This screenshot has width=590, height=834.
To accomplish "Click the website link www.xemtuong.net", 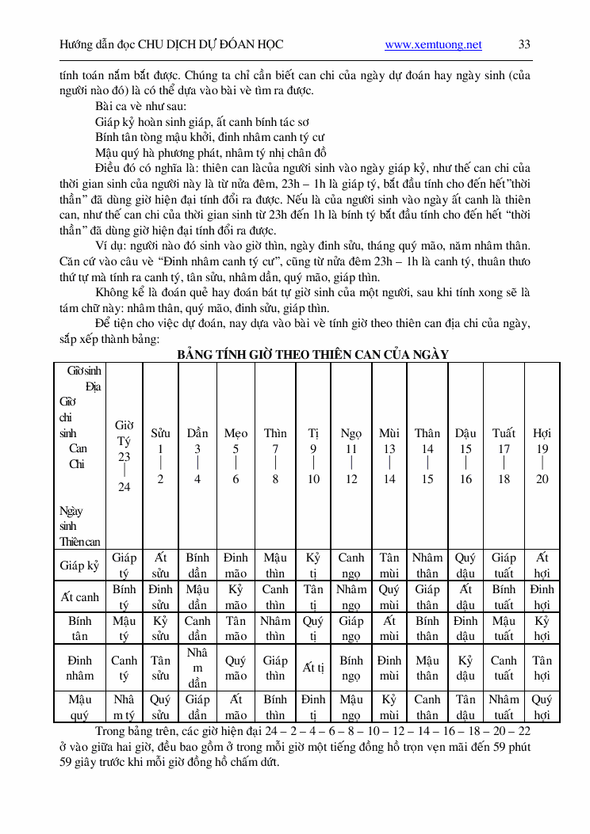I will (x=433, y=45).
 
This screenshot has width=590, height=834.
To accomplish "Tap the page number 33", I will (x=524, y=45).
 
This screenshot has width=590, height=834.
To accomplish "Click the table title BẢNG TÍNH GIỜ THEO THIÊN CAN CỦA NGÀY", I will (x=312, y=354).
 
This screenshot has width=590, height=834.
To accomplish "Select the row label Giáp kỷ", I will (x=80, y=566).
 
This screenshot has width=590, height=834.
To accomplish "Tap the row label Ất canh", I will (x=80, y=597).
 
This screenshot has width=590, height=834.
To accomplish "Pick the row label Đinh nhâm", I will (x=80, y=668).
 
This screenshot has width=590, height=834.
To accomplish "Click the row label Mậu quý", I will (x=80, y=707).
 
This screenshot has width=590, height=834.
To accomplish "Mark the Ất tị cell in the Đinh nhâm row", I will (x=313, y=668).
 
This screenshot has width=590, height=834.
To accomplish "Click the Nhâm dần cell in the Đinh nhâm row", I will (x=197, y=668).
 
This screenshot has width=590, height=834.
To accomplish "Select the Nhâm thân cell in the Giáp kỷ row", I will (x=427, y=566).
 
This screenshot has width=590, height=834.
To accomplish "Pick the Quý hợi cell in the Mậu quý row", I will (x=542, y=707).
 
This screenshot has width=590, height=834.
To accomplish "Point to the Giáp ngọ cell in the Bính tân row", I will (x=351, y=629).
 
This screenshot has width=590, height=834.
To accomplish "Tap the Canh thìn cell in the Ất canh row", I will (x=275, y=597).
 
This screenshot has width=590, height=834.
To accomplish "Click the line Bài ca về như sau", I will (x=141, y=106).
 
